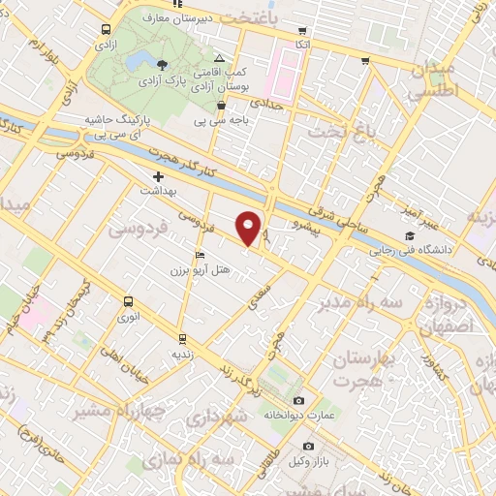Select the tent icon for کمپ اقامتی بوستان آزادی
pos(219,58)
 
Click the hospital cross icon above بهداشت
pos(158,176)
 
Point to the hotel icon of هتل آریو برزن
pos(201,255)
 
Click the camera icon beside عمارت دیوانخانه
pos(297,400)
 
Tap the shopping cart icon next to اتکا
pos(303,30)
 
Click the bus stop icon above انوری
pos(127,301)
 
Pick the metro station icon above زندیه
pos(181,339)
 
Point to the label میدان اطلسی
pos(432,77)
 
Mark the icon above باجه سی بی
pos(222,105)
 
